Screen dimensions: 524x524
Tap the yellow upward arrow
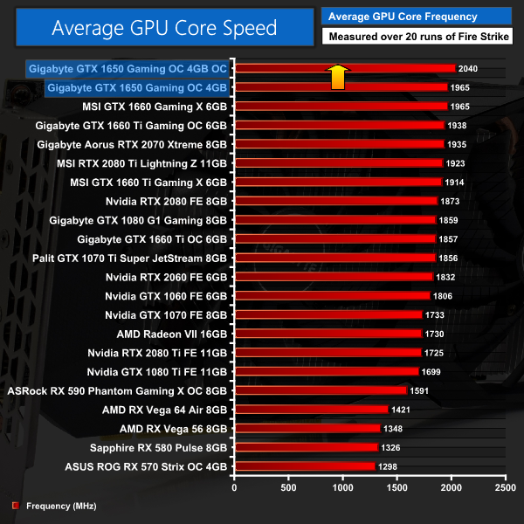pos(338,77)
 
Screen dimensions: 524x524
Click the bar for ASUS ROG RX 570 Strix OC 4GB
pos(305,466)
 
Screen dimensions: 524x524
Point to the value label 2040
pos(468,68)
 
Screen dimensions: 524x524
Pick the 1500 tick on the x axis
pos(397,487)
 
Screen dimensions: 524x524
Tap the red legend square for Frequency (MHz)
pos(14,506)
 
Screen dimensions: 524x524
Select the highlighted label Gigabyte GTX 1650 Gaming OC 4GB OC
pos(128,68)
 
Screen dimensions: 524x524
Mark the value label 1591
pos(419,390)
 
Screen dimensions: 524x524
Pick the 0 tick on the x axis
pos(234,487)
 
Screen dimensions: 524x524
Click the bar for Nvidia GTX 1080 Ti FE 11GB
pos(327,371)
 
